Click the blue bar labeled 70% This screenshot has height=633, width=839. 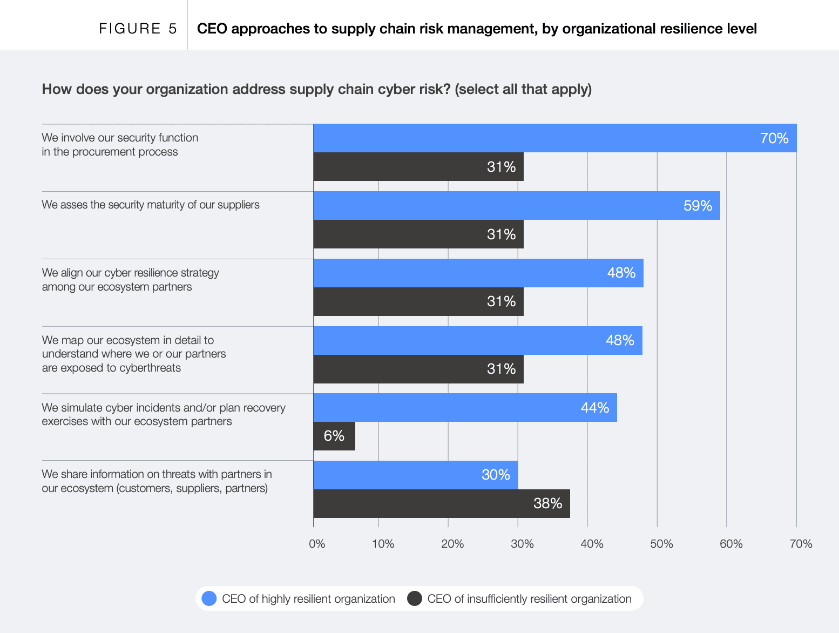click(554, 138)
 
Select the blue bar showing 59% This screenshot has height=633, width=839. click(516, 206)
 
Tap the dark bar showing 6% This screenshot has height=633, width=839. click(334, 436)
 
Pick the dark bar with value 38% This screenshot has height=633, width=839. click(441, 503)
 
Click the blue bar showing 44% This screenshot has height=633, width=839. click(465, 408)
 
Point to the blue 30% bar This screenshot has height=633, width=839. click(415, 475)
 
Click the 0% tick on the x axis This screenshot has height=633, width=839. click(317, 544)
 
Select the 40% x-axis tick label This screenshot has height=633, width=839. click(592, 544)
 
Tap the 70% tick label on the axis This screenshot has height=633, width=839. click(801, 544)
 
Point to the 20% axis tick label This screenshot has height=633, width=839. click(452, 544)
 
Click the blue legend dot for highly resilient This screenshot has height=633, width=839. click(209, 598)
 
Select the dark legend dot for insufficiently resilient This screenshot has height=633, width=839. click(414, 598)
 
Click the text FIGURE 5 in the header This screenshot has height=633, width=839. click(138, 29)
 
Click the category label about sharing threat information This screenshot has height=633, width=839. click(157, 481)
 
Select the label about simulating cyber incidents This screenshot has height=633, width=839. click(164, 414)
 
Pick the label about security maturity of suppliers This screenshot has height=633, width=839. click(151, 205)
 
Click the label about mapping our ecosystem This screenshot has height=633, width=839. click(134, 354)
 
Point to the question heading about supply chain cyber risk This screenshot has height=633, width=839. click(316, 89)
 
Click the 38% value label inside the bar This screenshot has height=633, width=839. click(547, 503)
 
